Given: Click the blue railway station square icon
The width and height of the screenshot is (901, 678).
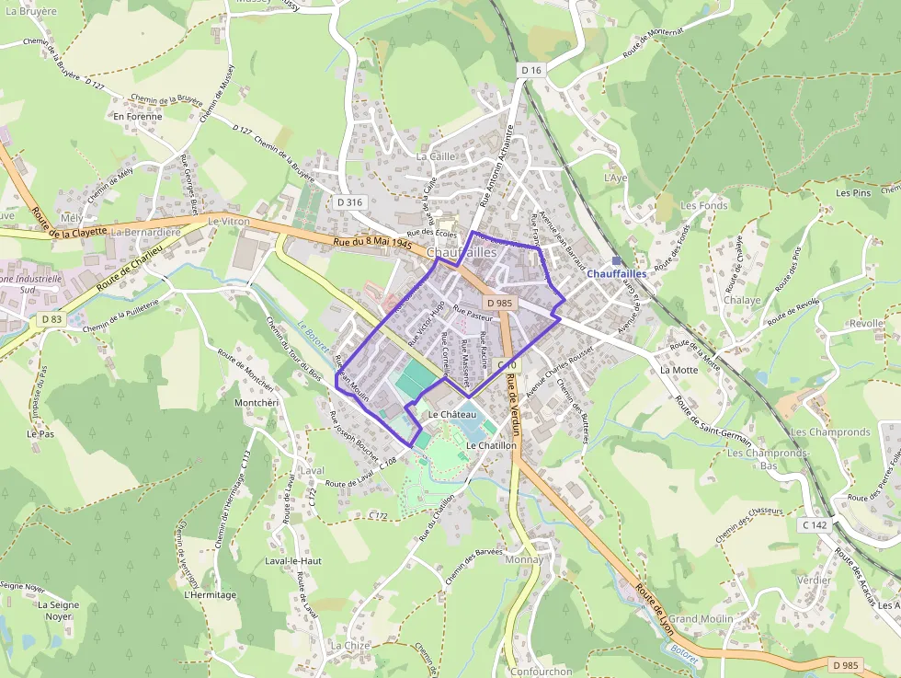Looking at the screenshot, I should click(x=616, y=261).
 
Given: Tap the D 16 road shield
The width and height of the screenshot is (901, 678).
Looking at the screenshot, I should click(x=531, y=70).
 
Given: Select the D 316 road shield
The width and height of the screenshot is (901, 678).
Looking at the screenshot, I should click(x=350, y=202).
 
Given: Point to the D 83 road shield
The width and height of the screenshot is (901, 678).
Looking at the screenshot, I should click(x=51, y=319).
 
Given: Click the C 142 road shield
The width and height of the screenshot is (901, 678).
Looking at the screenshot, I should click(x=815, y=524).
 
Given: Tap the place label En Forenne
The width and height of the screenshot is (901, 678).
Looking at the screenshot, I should click(x=137, y=117).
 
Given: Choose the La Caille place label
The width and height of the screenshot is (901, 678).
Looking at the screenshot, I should click(x=436, y=156).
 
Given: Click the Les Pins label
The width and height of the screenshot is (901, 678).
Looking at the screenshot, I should click(x=852, y=193).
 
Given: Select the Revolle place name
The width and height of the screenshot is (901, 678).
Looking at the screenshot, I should click(x=866, y=324).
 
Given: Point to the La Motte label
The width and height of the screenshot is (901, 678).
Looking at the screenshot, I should click(x=679, y=370).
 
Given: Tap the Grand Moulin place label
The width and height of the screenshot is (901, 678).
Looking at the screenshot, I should click(x=701, y=619).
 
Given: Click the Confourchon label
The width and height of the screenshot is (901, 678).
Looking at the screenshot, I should click(x=541, y=672).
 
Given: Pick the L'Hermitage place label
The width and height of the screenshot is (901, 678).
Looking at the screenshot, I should click(x=211, y=595).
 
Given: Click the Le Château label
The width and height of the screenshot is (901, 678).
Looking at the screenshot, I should click(x=452, y=415).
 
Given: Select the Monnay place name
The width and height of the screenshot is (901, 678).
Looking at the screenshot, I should click(x=525, y=559).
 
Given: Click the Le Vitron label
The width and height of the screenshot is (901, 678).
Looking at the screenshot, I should click(x=229, y=222).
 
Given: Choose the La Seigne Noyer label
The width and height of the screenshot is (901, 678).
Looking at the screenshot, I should click(x=59, y=611).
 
